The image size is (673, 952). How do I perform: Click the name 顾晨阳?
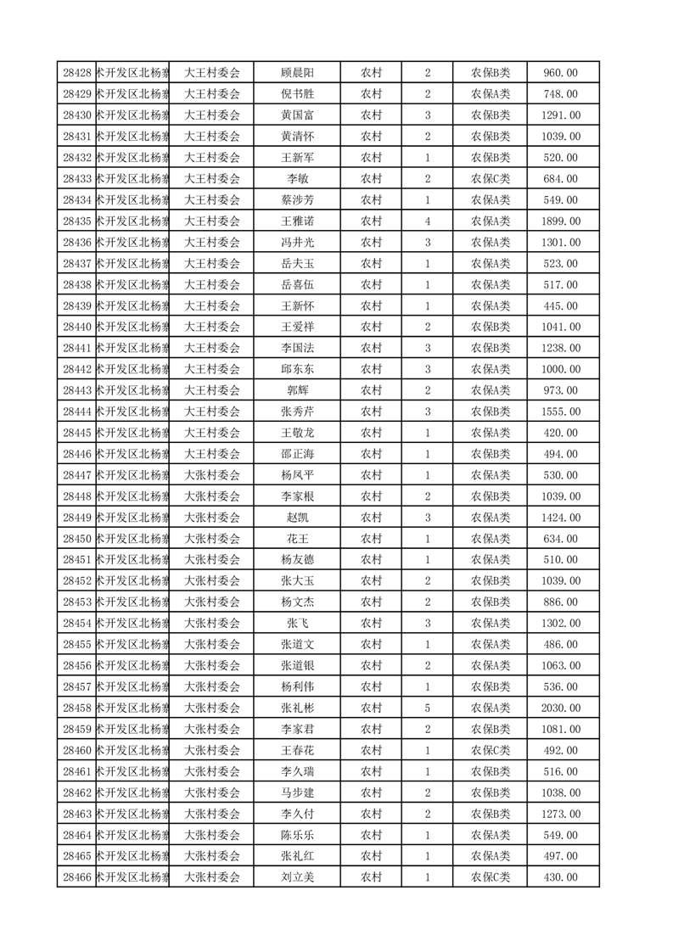tap(297, 73)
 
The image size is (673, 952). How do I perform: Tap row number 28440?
tap(77, 327)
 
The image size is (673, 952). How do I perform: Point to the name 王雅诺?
tap(297, 221)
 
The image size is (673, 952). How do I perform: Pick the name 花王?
tap(297, 539)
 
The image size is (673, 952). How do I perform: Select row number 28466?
tap(77, 877)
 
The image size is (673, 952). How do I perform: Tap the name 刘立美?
tap(297, 877)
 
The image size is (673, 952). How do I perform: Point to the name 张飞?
tap(297, 624)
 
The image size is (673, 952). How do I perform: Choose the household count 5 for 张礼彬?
tap(427, 708)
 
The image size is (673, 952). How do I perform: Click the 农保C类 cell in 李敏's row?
tap(490, 179)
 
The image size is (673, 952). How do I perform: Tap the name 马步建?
tap(297, 792)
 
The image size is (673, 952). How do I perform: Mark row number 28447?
tap(77, 475)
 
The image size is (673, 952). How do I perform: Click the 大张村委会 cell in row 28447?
tap(212, 475)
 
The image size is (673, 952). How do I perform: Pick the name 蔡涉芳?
tap(297, 200)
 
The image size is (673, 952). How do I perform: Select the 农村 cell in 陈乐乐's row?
tap(371, 835)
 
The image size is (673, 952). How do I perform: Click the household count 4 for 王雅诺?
tap(427, 221)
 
